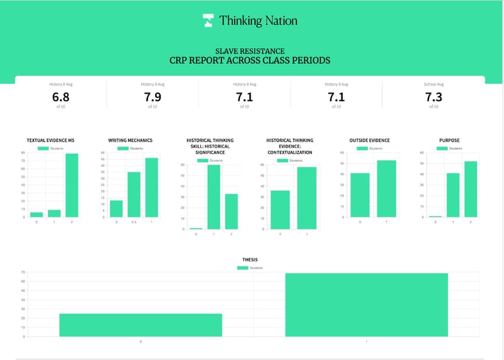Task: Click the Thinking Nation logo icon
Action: pos(208,21)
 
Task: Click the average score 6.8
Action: pos(61,97)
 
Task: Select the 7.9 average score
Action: pos(152,97)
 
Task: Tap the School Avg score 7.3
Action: pos(433,97)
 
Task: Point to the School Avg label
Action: pos(433,85)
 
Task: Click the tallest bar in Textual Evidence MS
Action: pos(72,185)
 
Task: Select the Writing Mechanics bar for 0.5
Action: pos(134,195)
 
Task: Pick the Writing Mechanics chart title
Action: pos(130,140)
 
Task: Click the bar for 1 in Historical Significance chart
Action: pos(214,196)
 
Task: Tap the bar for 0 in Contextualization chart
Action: pos(280,210)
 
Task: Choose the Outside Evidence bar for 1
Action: pos(387,189)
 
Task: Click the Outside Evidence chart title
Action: pos(369,140)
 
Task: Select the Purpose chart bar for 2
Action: pos(471,189)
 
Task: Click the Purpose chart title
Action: pos(449,140)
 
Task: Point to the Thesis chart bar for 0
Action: pos(141,325)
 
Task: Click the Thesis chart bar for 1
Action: pos(366,305)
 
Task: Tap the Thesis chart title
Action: pos(250,260)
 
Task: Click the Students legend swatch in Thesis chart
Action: pos(243,268)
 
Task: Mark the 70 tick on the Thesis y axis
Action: pos(22,272)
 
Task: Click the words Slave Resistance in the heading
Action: pos(250,52)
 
